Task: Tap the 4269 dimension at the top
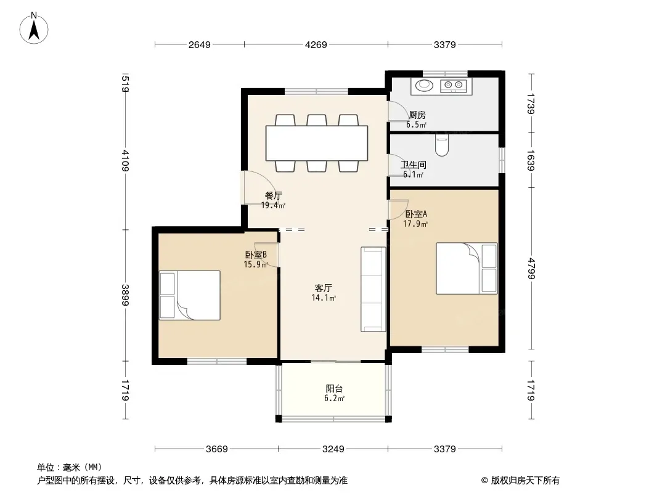(316, 45)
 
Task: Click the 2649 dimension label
(200, 45)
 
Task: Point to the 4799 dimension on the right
(531, 269)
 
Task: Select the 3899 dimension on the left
(125, 295)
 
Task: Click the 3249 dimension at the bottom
(333, 449)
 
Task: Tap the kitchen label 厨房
(417, 115)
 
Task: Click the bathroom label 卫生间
(413, 165)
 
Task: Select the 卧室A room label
(416, 214)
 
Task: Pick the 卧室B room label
(256, 255)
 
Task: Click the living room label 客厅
(324, 288)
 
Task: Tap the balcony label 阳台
(335, 389)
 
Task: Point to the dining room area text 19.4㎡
(273, 205)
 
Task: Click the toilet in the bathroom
(442, 144)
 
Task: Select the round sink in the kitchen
(425, 85)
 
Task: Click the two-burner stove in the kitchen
(454, 86)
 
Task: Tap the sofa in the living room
(373, 290)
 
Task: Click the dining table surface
(317, 143)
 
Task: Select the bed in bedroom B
(190, 295)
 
